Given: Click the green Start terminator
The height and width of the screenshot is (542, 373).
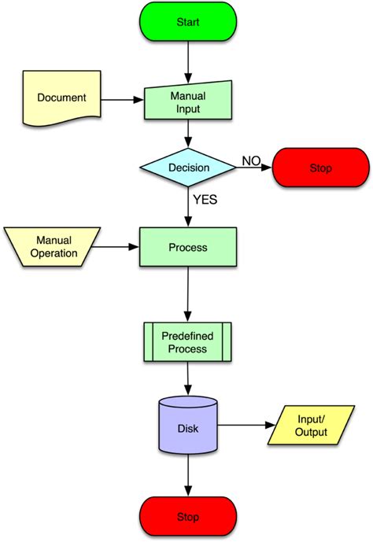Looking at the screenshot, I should click(188, 22).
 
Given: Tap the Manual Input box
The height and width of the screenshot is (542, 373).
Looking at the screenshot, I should click(187, 101).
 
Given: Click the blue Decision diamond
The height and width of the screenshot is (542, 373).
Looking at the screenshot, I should click(189, 168).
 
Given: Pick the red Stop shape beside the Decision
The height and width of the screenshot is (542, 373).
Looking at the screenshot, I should click(320, 168).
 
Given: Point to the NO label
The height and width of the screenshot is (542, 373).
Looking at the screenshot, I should click(251, 161).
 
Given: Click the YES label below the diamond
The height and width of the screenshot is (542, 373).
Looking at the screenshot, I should click(204, 200).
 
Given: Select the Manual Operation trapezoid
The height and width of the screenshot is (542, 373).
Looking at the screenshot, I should click(54, 247).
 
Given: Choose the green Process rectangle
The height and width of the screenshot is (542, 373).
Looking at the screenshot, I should click(188, 247).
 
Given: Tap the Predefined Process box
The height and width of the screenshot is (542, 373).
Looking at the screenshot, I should click(188, 342).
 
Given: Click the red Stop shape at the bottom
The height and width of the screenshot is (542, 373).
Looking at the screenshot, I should click(188, 517).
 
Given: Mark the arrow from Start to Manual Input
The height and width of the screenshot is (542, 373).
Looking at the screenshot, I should click(188, 61).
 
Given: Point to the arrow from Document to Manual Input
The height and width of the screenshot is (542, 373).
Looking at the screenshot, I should click(120, 100).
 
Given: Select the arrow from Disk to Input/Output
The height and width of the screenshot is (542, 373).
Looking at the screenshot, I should click(245, 426).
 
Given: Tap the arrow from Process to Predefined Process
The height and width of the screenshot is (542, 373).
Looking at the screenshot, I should click(188, 294).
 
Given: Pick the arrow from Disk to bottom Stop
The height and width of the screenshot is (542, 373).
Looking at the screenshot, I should click(188, 476).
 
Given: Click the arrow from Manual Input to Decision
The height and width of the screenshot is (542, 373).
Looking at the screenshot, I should click(188, 135).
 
